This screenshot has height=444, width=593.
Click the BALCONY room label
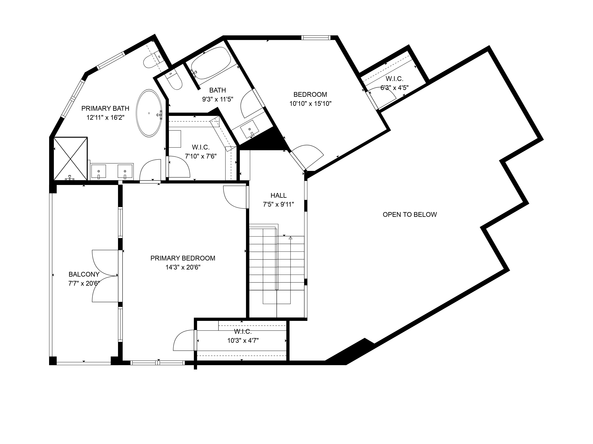click(84, 274)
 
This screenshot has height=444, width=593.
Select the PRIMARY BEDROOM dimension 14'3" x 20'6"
click(183, 267)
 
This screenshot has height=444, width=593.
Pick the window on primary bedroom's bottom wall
click(158, 363)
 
